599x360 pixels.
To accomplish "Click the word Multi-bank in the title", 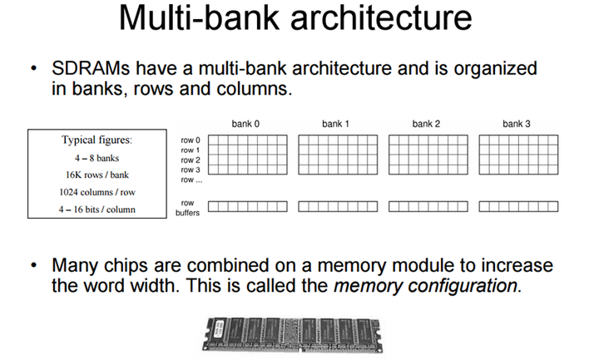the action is [x=199, y=17].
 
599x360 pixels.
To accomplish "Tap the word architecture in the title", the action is [x=381, y=17].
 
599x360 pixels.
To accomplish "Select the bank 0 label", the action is [x=245, y=124].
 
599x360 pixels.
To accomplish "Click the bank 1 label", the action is [x=336, y=124].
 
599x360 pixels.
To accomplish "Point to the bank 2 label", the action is [x=426, y=124].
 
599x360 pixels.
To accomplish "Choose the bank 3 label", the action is [x=517, y=124].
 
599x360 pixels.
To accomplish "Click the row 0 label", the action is [x=191, y=141].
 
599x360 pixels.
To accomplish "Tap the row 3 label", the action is [x=191, y=170].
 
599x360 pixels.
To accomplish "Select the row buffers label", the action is [x=187, y=208].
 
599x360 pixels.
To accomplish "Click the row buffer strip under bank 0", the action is [x=248, y=206].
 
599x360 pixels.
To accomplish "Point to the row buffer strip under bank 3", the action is [x=518, y=206].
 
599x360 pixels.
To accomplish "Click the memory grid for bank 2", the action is [x=428, y=155].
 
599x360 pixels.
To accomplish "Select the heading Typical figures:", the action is [x=97, y=141].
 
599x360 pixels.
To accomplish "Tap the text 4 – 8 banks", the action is [x=97, y=158].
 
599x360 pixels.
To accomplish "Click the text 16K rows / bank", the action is [x=97, y=175].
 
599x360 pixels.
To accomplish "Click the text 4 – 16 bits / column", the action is [x=97, y=210].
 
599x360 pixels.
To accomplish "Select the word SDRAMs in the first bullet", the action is [x=91, y=68].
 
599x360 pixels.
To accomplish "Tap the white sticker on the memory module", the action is [x=219, y=328].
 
